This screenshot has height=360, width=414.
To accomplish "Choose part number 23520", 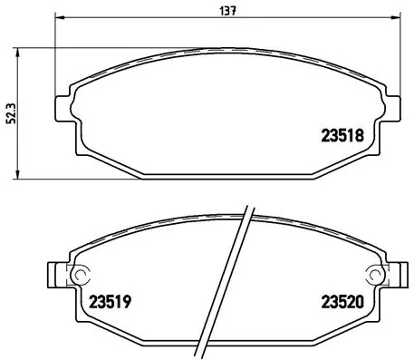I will (343, 303).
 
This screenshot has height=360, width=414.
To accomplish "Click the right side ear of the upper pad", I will (394, 107).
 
